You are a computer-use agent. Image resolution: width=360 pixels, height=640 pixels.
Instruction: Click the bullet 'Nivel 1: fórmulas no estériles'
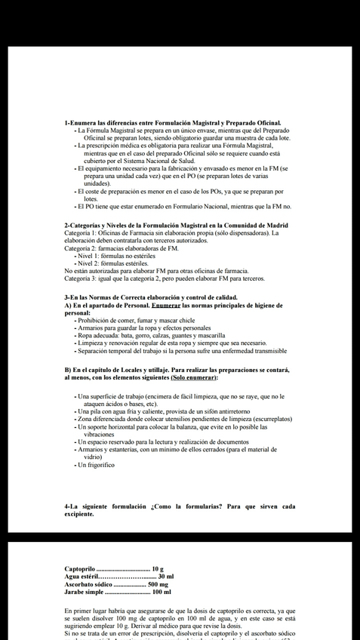117,256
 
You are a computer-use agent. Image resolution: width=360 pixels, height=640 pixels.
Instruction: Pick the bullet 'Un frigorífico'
96,465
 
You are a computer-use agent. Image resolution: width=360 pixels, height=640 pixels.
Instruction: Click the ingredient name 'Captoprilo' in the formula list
80,568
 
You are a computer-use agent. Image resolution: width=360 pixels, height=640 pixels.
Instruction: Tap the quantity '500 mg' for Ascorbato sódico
158,584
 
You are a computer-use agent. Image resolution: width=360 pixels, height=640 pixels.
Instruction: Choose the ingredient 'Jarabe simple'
84,592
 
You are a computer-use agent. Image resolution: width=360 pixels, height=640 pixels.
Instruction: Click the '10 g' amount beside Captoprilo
158,568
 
